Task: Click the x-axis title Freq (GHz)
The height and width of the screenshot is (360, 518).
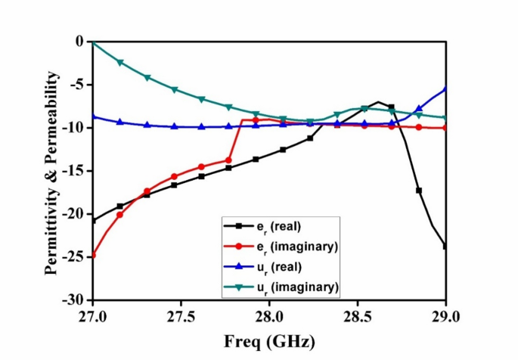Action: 268,340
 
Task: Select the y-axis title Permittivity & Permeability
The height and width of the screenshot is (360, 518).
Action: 51,171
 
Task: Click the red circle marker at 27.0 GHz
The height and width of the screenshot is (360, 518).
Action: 93,255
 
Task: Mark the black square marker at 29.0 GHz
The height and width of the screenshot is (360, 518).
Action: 445,246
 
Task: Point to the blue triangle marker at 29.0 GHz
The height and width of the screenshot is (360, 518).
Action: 445,88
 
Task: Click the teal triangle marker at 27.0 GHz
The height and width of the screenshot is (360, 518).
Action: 93,42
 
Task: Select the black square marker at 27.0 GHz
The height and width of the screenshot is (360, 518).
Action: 93,220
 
